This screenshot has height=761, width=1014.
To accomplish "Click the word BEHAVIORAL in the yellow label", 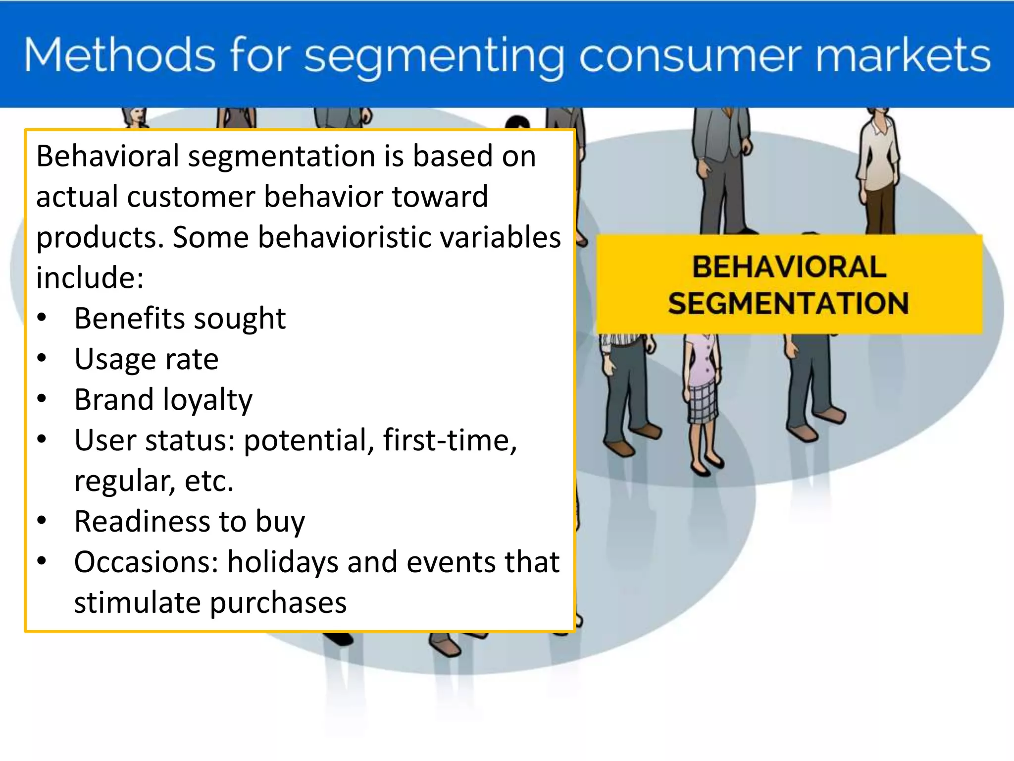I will pos(789,267).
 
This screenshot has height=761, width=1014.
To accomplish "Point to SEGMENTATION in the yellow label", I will pos(789,303).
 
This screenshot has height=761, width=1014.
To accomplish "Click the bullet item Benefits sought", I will pos(180,318).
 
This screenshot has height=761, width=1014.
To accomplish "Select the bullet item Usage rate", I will pos(146,359).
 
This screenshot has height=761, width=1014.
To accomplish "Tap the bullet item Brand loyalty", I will pos(163,399).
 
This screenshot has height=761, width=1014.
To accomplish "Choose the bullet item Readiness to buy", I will pos(189,521).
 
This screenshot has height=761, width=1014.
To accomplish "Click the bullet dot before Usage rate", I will pos(42,358).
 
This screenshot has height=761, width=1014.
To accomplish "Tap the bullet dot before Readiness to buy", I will pos(42,520).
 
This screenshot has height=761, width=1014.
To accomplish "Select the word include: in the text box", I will pos(90,277).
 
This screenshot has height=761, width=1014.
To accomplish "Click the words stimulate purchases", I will pos(210,602).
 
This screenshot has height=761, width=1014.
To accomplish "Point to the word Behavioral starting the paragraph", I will pos(107,156).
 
